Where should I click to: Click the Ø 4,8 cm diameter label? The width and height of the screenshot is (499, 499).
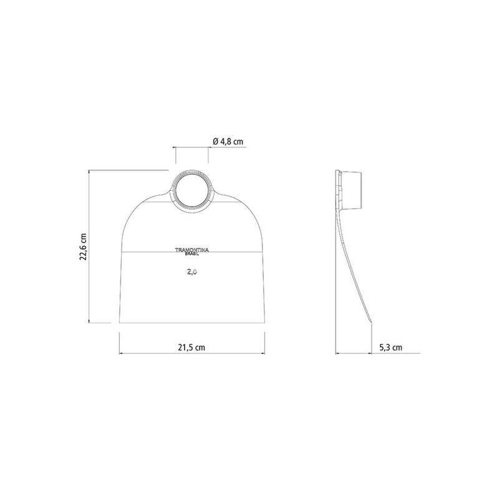228,142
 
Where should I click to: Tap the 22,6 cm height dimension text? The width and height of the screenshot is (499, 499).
83,246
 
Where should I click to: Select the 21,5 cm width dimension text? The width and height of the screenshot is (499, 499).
191,347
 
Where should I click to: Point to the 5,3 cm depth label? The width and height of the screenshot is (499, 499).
391,347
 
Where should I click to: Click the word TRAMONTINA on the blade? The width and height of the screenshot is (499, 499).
192,250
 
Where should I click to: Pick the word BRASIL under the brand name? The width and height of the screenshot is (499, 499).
192,254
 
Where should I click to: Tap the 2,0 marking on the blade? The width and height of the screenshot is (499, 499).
192,272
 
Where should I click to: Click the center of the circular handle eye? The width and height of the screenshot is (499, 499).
192,191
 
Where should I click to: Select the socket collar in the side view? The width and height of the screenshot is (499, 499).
351,191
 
